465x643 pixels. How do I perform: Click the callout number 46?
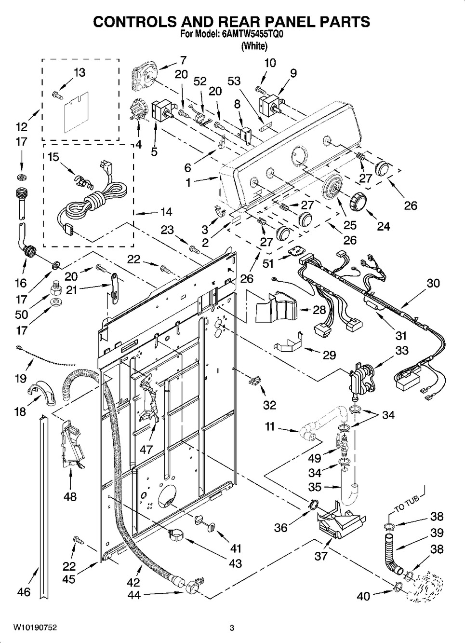click(x=24, y=592)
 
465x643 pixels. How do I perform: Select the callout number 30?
click(x=433, y=283)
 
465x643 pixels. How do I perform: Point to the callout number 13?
click(x=79, y=72)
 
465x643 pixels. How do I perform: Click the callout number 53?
click(x=234, y=81)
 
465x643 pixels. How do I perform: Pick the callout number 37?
click(x=321, y=556)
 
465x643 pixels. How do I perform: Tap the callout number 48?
click(x=70, y=496)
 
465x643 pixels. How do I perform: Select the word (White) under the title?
click(x=254, y=46)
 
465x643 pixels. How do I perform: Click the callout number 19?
click(x=20, y=378)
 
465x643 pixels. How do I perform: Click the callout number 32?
click(x=269, y=405)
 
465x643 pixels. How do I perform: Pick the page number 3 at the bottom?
click(x=232, y=628)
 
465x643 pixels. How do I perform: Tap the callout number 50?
click(x=21, y=315)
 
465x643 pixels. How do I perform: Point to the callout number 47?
click(x=146, y=449)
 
